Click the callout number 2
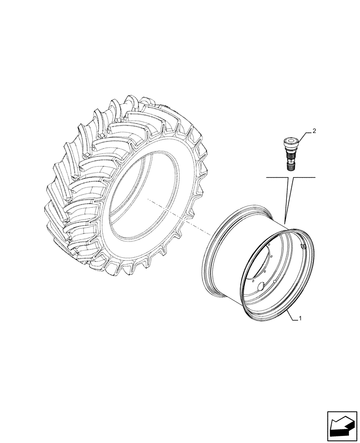314,131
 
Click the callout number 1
301,318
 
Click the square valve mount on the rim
302,246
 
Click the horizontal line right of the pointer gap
304,177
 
